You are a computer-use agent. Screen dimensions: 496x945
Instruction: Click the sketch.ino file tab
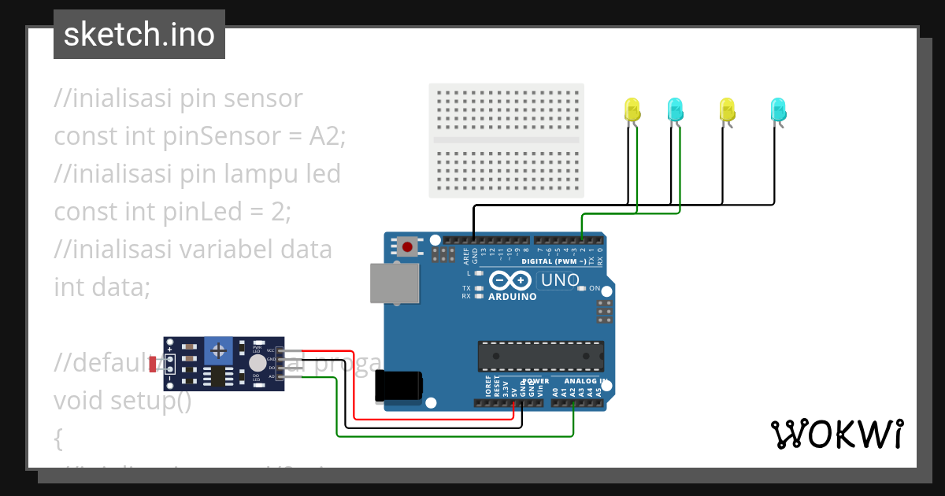pos(139,35)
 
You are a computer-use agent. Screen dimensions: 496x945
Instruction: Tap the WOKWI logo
pos(836,434)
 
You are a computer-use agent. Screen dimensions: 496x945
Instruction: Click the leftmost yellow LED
pos(632,109)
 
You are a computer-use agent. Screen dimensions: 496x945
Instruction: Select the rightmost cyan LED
pos(778,109)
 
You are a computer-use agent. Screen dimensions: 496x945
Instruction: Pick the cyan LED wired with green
pos(676,109)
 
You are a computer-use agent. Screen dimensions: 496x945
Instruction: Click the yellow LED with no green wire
pos(727,109)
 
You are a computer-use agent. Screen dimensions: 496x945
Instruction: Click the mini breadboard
pos(506,140)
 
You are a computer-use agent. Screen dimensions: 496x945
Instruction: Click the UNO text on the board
pos(561,280)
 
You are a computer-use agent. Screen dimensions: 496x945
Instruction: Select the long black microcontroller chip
pos(541,356)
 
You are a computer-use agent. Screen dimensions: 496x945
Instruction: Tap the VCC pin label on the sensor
pos(270,350)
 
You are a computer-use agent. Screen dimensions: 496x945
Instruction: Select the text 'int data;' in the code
pos(102,287)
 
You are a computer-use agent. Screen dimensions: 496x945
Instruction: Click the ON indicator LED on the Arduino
pos(582,288)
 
